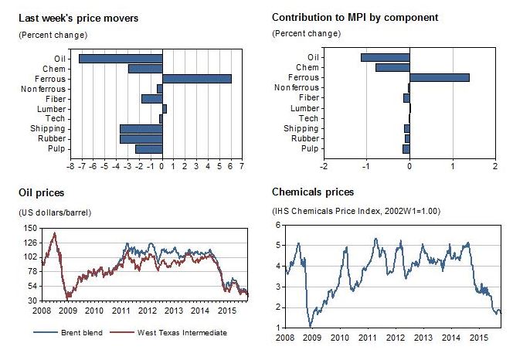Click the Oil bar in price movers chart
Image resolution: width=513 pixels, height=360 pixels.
pos(121,58)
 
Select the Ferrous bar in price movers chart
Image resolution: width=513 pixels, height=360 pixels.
pos(196,78)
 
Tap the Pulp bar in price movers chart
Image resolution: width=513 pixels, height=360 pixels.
pos(148,149)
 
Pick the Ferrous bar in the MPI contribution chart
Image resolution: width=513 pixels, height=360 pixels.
pos(439,77)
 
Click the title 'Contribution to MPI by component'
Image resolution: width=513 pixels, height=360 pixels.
pos(355,18)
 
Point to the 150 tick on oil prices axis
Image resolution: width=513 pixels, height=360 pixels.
pos(31,228)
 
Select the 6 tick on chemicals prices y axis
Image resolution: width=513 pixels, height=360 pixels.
pos(278,225)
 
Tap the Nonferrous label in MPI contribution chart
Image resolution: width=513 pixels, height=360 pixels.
pos(297,88)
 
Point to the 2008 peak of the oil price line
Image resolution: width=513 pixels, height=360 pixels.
pos(54,233)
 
